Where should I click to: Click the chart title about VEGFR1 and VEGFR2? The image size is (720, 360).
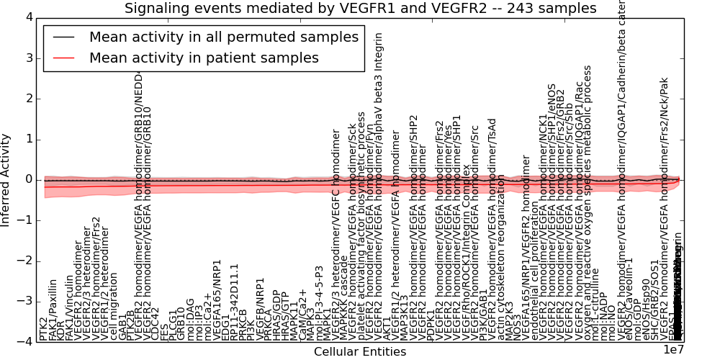point(360,9)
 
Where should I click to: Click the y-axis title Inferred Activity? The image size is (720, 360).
point(6,179)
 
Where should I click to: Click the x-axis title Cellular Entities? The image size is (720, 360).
point(360,352)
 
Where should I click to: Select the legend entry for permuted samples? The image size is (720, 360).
point(223,37)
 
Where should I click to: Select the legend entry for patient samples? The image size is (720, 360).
point(204,58)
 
